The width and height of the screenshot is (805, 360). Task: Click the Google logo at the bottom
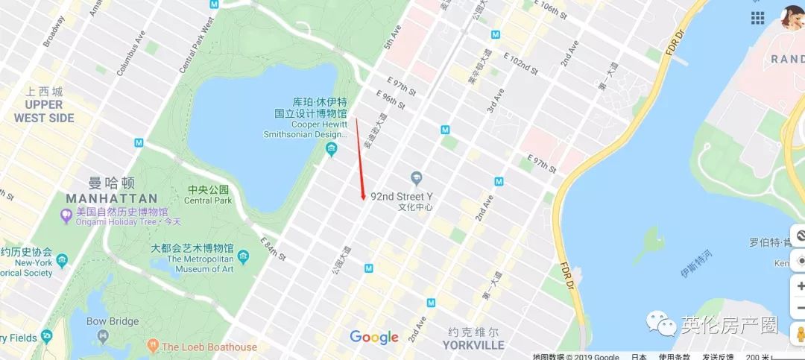coord(374,338)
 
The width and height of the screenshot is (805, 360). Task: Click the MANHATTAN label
coord(112,198)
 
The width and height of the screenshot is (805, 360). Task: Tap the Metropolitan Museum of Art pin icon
coord(244,257)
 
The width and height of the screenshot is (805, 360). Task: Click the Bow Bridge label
coord(113,321)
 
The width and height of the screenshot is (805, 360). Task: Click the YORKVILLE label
coord(473,345)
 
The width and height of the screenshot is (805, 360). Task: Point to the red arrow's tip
coord(364,198)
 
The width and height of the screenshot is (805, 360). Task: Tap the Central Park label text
coord(208,200)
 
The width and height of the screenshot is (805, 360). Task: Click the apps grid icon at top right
coord(758,18)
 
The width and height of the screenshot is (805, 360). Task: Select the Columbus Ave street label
coord(130,53)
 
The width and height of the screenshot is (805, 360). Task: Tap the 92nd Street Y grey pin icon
coord(417,179)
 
